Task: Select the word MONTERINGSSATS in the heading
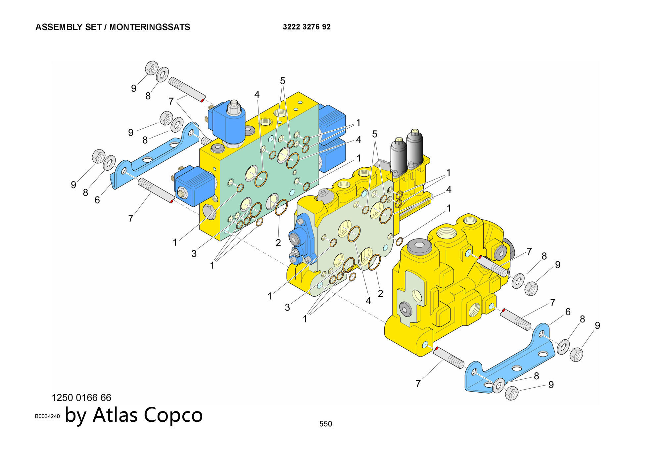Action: click(x=150, y=27)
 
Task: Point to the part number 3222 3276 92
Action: click(x=307, y=27)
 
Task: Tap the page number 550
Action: click(x=325, y=424)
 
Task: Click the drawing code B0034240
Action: click(x=47, y=416)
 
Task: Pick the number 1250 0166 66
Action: click(x=81, y=398)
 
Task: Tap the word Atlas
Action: click(x=115, y=415)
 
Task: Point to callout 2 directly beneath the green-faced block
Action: click(x=278, y=242)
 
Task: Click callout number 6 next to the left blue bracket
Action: click(x=97, y=200)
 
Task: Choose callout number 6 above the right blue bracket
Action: click(x=568, y=312)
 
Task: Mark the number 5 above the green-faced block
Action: click(x=282, y=81)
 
